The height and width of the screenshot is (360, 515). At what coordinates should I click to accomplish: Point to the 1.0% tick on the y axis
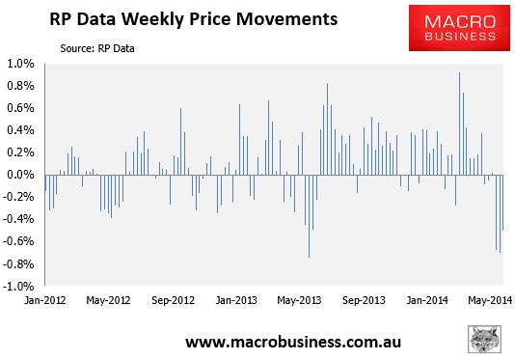point(22,64)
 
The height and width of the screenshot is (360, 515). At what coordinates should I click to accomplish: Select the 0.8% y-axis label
point(22,86)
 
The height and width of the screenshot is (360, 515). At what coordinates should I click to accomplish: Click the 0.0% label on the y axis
point(22,175)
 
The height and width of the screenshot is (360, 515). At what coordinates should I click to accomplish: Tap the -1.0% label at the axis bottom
point(20,286)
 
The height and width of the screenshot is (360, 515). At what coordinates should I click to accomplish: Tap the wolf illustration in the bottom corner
point(488,340)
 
